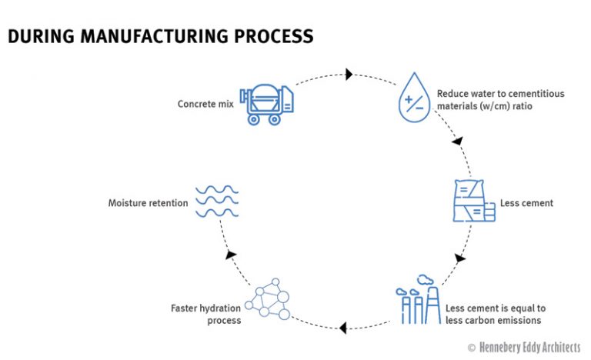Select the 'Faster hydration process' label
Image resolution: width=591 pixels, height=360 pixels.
click(x=204, y=314)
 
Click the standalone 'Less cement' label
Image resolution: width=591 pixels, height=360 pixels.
click(x=527, y=204)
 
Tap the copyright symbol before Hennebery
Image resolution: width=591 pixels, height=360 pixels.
click(x=471, y=348)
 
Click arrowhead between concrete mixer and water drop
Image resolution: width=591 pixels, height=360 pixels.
click(x=349, y=75)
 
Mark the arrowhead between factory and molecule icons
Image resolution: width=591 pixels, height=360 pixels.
click(x=342, y=328)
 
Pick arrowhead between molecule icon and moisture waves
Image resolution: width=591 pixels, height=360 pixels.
click(x=228, y=255)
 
